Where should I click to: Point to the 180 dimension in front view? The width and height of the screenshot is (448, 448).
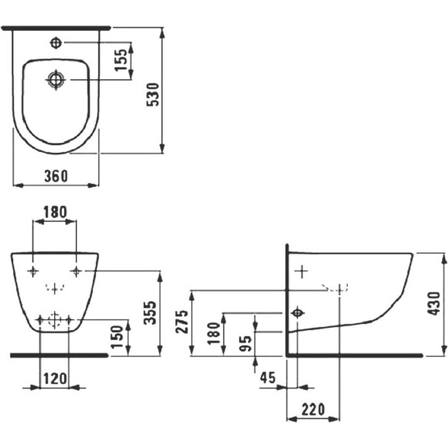(55, 212)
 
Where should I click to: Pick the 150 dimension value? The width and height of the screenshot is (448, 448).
(116, 337)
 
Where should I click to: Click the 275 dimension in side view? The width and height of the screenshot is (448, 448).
(182, 322)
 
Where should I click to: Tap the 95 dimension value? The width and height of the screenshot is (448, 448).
(245, 343)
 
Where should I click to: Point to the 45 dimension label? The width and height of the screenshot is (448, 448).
(267, 378)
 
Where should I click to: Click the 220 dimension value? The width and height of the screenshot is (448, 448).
(314, 408)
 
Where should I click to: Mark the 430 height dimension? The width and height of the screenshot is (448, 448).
(433, 303)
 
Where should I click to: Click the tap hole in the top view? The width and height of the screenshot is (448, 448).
(56, 43)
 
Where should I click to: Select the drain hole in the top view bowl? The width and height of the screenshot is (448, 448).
(56, 80)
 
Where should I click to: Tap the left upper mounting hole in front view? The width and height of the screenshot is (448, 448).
(33, 271)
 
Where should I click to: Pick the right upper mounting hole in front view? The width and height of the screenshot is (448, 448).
(76, 271)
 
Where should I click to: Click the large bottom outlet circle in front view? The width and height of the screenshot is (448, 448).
(55, 320)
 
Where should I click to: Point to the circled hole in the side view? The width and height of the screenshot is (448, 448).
(298, 312)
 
